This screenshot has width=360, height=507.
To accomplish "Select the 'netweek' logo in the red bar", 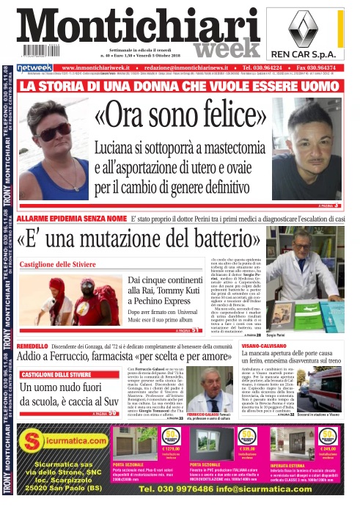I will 34,67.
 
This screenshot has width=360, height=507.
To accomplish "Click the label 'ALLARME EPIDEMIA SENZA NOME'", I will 71,219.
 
